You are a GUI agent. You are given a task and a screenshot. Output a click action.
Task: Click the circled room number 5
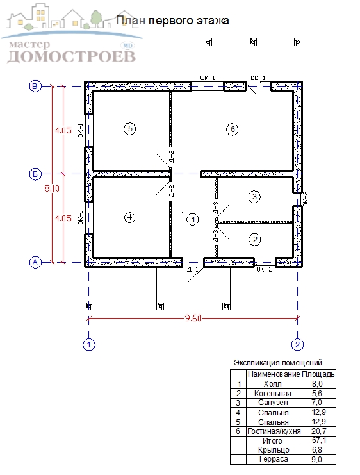click(x=130, y=129)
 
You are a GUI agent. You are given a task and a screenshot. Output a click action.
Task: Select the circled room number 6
click(x=233, y=129)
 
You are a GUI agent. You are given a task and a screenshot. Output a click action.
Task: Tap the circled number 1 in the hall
click(x=193, y=219)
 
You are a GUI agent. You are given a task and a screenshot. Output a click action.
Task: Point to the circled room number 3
click(x=254, y=197)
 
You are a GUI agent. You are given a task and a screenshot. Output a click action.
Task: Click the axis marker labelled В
click(x=35, y=86)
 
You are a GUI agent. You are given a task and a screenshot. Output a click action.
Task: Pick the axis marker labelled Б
click(x=35, y=174)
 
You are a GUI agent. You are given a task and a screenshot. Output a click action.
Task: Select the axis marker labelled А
click(x=35, y=262)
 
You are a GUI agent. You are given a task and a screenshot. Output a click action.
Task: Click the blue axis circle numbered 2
click(x=297, y=344)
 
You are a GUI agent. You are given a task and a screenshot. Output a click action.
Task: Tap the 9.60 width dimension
click(x=193, y=318)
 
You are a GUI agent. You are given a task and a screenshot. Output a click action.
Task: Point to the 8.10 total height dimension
click(x=52, y=188)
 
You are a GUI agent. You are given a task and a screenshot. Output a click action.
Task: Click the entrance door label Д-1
click(x=193, y=269)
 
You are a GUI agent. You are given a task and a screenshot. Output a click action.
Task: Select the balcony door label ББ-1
click(x=258, y=78)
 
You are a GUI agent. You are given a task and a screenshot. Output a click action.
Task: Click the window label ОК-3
click(x=305, y=199)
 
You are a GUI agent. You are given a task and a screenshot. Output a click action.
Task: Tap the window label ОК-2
click(x=265, y=270)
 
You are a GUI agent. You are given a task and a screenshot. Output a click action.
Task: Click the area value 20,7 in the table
click(x=318, y=431)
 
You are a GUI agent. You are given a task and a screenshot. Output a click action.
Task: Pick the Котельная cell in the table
click(x=272, y=394)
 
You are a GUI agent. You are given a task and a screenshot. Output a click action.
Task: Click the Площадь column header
click(x=318, y=374)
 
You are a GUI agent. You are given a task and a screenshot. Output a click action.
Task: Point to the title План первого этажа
click(x=172, y=21)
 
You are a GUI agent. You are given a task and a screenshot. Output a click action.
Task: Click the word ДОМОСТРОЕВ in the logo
click(x=72, y=56)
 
